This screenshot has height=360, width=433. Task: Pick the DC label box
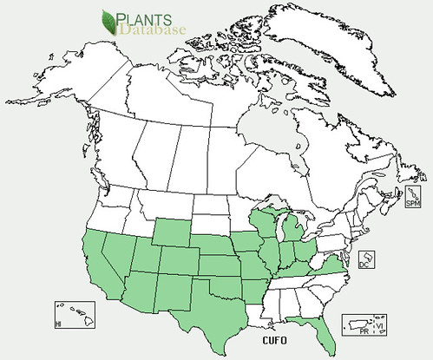click(x=367, y=260)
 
